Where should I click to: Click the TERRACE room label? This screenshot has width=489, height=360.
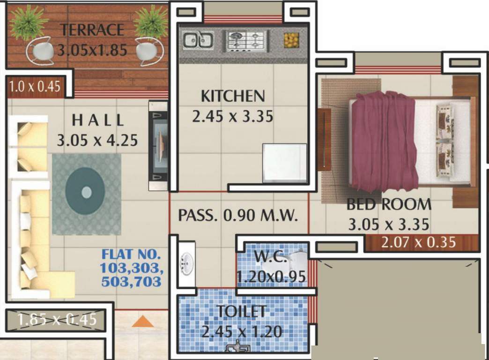pyautogui.click(x=92, y=30)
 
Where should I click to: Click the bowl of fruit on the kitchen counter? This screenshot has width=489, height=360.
pyautogui.click(x=291, y=40)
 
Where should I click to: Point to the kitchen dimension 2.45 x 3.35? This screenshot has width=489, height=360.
pyautogui.click(x=232, y=116)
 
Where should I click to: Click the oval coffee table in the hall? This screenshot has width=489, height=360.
pyautogui.click(x=86, y=192)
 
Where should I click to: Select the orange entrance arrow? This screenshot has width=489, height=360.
pyautogui.click(x=142, y=322)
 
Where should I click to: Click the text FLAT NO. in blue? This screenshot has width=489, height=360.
pyautogui.click(x=131, y=255)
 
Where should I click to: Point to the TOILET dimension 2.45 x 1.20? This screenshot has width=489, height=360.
pyautogui.click(x=242, y=332)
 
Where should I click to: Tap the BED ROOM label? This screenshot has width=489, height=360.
pyautogui.click(x=389, y=204)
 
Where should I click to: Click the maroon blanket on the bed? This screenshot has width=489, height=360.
pyautogui.click(x=384, y=141)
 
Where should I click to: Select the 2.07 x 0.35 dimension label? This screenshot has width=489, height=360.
pyautogui.click(x=418, y=243)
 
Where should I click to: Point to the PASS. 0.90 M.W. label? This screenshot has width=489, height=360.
pyautogui.click(x=238, y=216)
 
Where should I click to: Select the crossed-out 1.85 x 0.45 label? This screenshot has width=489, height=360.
pyautogui.click(x=57, y=320)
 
